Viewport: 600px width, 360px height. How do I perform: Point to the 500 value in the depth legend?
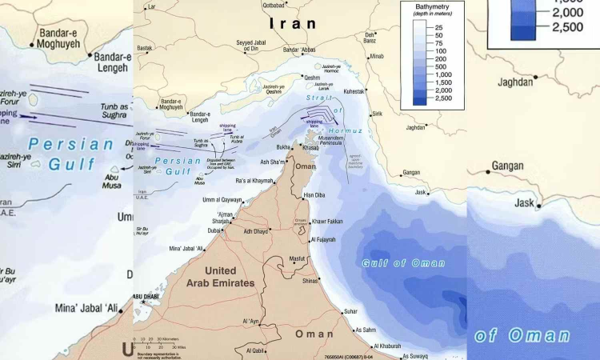(x=438, y=68)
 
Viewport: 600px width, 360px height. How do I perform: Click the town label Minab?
(x=377, y=57)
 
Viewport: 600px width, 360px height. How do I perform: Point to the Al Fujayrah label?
(x=324, y=239)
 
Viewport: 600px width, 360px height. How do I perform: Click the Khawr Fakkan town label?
(x=329, y=221)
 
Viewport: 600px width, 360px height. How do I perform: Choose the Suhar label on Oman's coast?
(x=350, y=311)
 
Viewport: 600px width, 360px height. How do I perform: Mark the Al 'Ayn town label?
(x=251, y=321)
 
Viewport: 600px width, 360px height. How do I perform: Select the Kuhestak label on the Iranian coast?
(x=354, y=92)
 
